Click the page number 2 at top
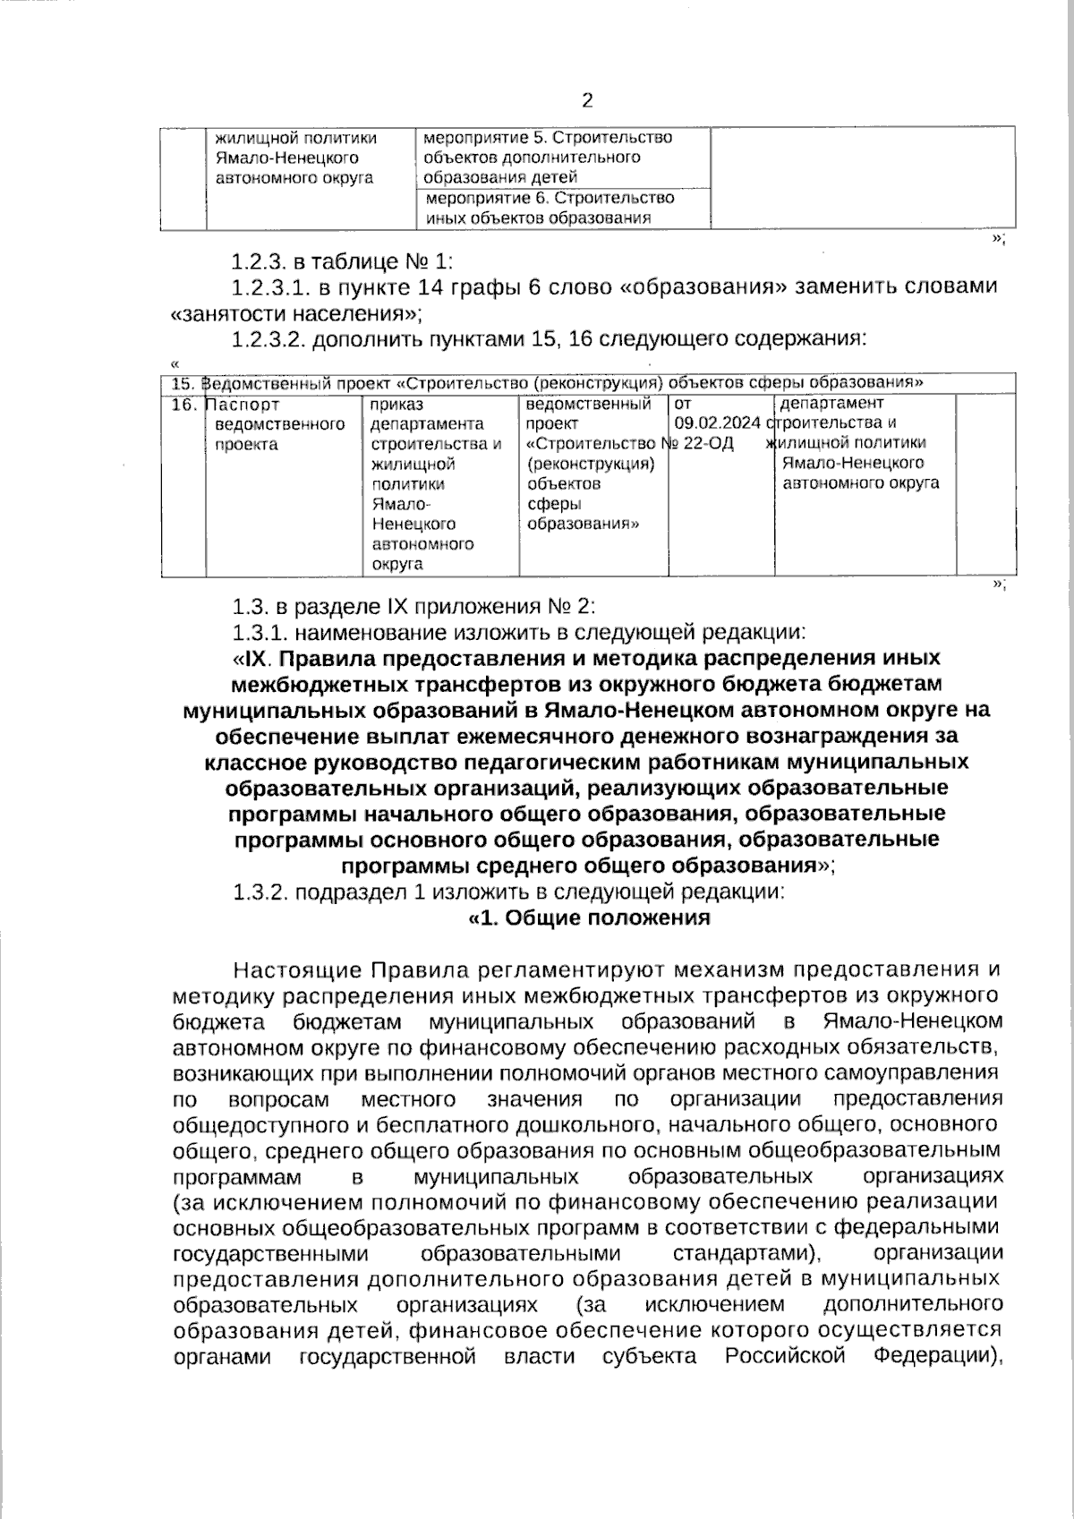point(587,100)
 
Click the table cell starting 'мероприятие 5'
point(547,158)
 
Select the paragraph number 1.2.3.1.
point(268,286)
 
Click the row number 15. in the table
point(183,383)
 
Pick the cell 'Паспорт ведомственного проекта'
point(280,424)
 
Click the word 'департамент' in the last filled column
point(831,404)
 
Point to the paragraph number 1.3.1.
point(260,634)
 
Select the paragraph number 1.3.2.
point(260,892)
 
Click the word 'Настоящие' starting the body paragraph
point(296,970)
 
